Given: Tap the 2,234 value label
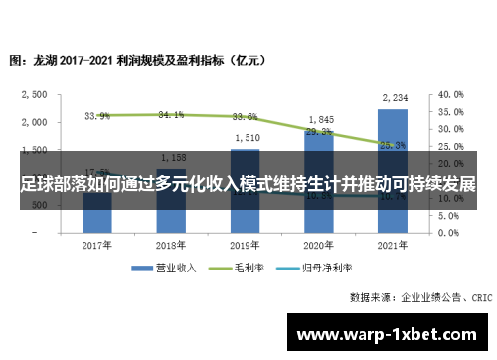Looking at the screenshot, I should pyautogui.click(x=393, y=97).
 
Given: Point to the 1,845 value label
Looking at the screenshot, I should pyautogui.click(x=319, y=119).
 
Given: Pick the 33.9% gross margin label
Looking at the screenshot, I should pyautogui.click(x=97, y=116).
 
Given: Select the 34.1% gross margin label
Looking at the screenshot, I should pyautogui.click(x=171, y=115).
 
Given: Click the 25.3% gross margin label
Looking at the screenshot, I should pyautogui.click(x=393, y=145).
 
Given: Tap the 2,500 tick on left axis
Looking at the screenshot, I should pyautogui.click(x=35, y=95).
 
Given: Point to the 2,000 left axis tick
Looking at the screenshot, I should pyautogui.click(x=35, y=122).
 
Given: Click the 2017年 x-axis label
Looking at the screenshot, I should pyautogui.click(x=97, y=245).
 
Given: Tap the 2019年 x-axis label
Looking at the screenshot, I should pyautogui.click(x=246, y=245).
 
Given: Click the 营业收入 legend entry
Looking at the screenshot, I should pyautogui.click(x=169, y=269).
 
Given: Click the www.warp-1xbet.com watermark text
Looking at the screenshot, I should pyautogui.click(x=389, y=333).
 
